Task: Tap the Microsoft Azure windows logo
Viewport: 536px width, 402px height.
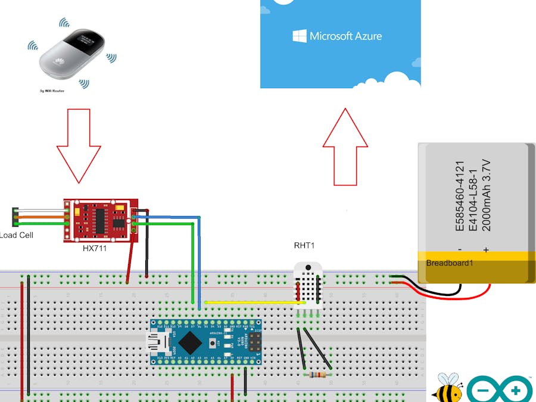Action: (300, 36)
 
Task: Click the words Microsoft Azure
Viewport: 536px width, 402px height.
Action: (346, 36)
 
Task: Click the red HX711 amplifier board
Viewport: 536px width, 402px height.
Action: (101, 220)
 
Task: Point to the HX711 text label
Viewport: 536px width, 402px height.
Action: (95, 248)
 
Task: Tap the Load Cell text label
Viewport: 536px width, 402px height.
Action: (17, 235)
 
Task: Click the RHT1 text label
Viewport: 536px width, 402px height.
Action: (304, 245)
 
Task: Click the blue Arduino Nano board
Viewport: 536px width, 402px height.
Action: (205, 342)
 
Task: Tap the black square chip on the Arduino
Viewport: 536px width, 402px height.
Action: (190, 342)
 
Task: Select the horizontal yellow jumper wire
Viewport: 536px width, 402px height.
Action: (250, 302)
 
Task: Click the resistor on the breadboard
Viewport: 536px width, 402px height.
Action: (316, 375)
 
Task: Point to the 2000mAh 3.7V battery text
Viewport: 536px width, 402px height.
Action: (485, 195)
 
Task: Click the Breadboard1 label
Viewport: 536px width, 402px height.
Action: (450, 263)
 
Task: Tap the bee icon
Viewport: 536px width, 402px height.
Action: (447, 388)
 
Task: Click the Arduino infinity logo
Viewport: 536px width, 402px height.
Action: (500, 391)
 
